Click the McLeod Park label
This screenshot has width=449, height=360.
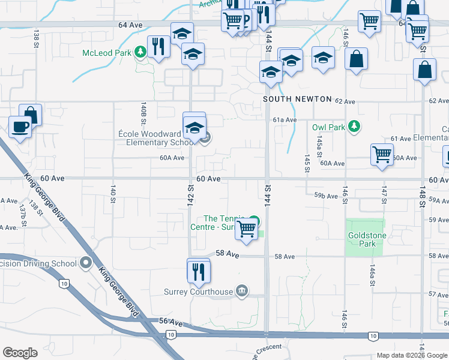[x=107, y=52]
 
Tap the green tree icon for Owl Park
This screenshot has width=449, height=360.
[x=355, y=127]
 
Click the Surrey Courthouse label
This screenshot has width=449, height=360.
[x=198, y=292]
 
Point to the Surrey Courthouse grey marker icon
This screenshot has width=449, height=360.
[x=241, y=292]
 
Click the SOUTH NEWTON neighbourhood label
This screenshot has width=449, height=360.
[x=298, y=99]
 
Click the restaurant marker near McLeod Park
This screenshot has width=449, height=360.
[x=157, y=47]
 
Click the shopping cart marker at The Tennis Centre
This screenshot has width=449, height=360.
[x=247, y=229]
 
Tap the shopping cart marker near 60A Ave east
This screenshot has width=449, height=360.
[x=382, y=155]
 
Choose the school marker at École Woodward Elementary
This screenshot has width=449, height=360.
[x=194, y=128]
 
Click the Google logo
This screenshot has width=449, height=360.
[x=20, y=353]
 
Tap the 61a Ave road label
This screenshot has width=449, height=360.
[x=285, y=120]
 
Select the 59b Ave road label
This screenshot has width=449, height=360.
[x=326, y=196]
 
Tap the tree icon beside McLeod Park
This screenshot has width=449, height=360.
[x=140, y=52]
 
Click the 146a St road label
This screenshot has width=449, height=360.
[x=372, y=275]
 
